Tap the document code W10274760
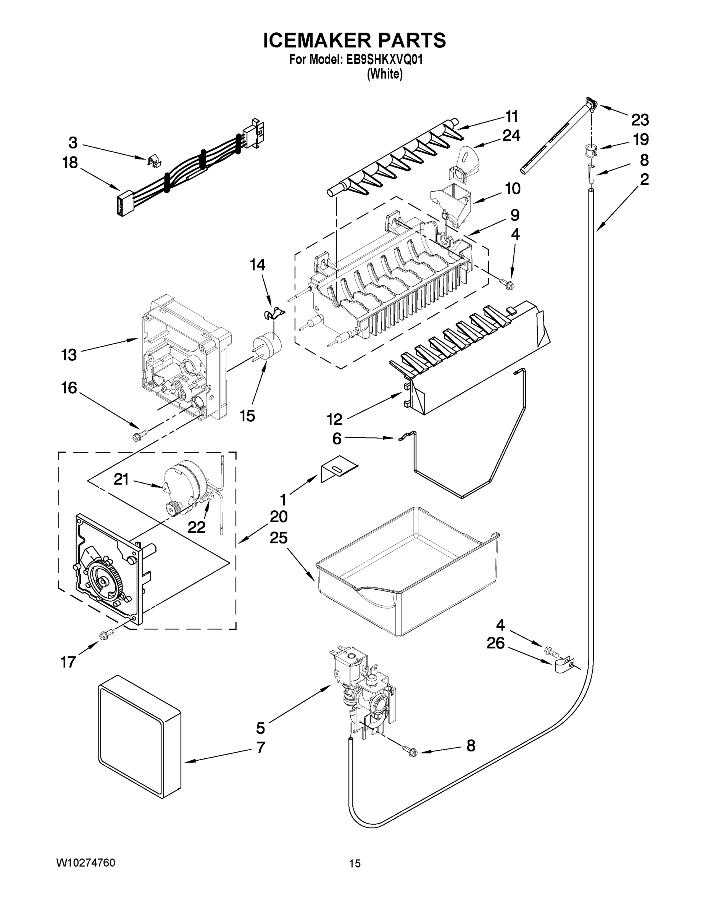85,863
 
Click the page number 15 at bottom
355,864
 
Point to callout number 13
69,355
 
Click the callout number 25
279,538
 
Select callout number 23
640,120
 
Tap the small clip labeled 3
155,161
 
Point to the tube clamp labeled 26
562,665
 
